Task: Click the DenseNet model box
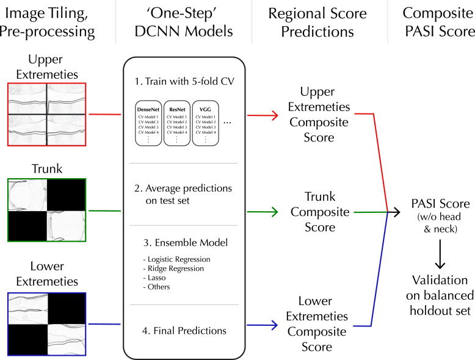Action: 148,123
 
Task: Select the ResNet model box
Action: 177,123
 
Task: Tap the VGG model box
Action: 205,123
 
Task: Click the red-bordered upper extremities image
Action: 47,115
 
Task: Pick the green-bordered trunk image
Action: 47,210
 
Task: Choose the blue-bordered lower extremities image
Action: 47,324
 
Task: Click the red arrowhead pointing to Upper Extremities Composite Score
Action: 275,115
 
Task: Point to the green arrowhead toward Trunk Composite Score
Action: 275,212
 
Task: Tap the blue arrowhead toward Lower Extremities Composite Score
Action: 274,325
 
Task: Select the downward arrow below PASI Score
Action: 440,254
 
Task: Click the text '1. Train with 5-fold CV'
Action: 184,81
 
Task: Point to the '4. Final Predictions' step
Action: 184,331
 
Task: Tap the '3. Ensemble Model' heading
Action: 186,242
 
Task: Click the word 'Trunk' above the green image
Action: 47,168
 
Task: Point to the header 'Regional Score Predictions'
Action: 317,23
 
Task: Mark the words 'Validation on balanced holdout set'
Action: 440,295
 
